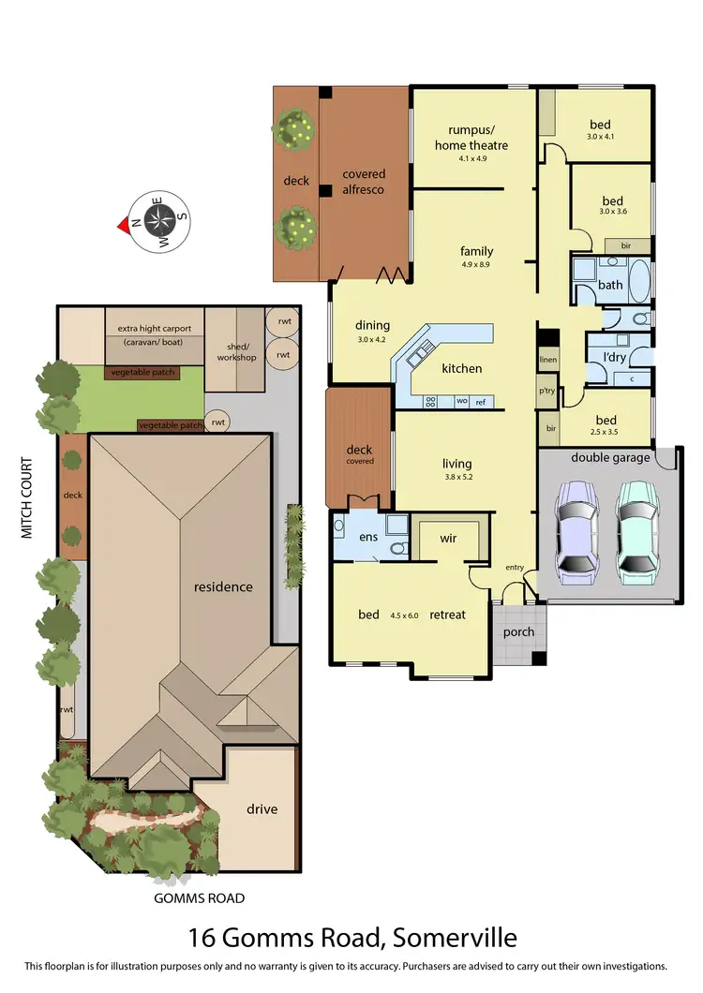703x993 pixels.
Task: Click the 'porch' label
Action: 518,631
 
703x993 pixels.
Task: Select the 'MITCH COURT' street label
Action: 27,497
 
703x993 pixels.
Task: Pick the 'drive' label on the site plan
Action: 262,808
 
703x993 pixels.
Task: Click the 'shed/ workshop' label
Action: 236,351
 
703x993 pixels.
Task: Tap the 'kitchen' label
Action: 462,368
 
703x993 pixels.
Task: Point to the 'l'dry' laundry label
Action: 613,357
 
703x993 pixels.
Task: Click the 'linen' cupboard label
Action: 547,360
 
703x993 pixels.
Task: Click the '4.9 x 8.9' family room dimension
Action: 476,264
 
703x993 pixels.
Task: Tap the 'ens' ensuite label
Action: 368,538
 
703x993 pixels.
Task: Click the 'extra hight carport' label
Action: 155,329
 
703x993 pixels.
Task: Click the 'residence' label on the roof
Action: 223,587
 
